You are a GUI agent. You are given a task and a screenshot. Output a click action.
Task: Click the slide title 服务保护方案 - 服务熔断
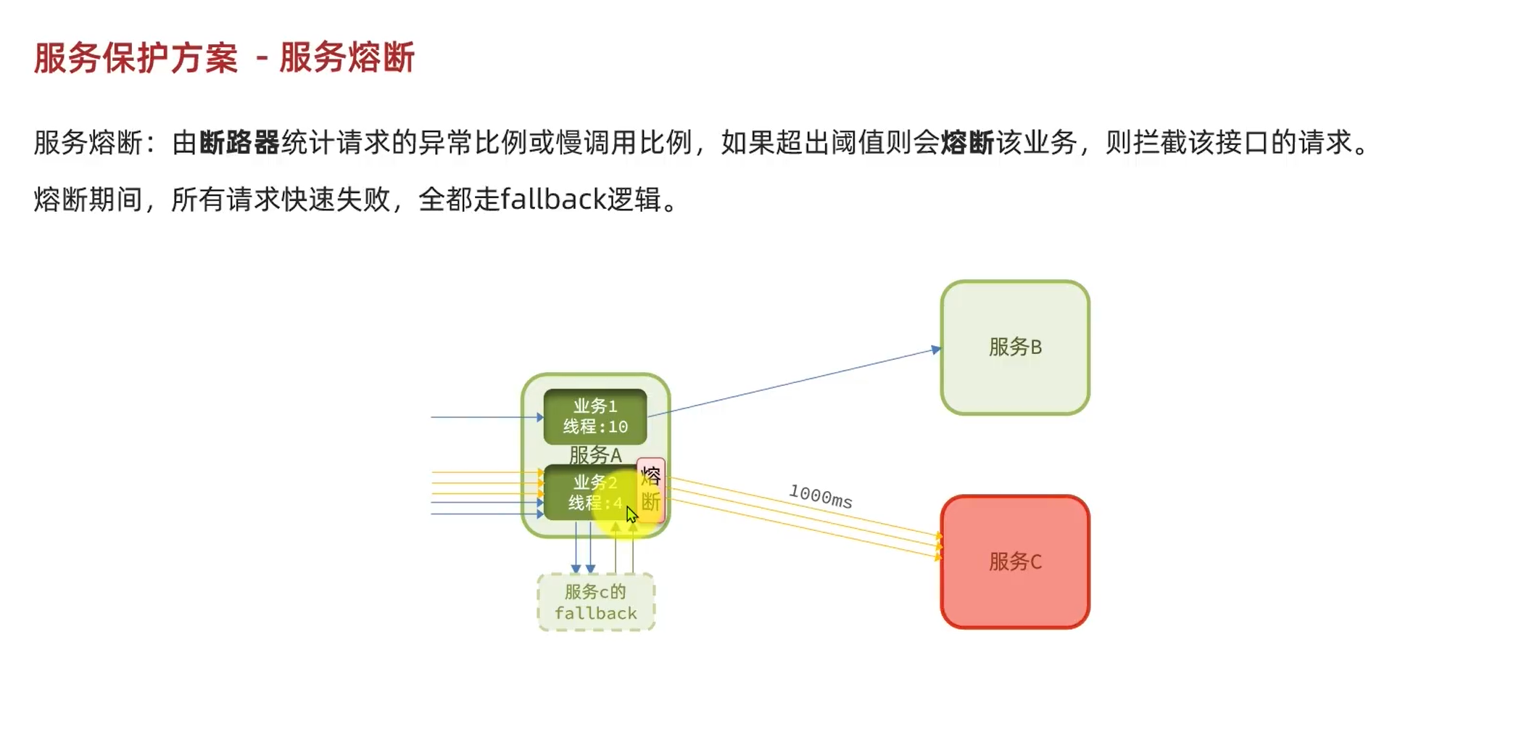[x=224, y=58]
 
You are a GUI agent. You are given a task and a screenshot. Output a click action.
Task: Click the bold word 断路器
[x=239, y=143]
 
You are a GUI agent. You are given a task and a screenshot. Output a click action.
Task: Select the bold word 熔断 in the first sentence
[x=967, y=143]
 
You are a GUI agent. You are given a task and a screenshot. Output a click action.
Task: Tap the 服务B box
[x=1014, y=347]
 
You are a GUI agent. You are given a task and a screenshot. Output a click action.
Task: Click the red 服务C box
[x=1014, y=561]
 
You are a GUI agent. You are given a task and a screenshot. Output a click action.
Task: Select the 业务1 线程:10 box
[x=595, y=416]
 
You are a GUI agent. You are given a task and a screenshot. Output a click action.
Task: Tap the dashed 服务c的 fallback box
[x=595, y=602]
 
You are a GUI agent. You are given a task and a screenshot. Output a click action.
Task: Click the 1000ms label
[x=820, y=496]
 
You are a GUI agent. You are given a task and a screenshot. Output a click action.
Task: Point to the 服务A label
[x=595, y=455]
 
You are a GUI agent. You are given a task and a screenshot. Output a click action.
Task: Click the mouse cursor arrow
[x=631, y=514]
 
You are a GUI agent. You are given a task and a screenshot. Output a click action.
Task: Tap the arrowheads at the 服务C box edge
[x=938, y=546]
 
